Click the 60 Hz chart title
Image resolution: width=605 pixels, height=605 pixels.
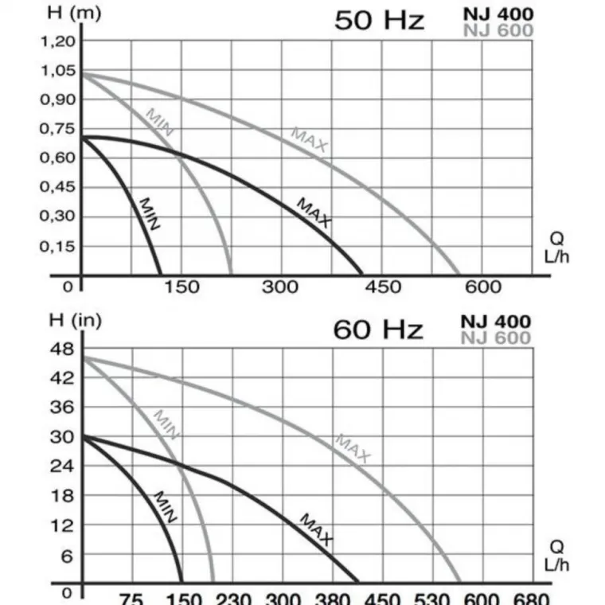(377, 329)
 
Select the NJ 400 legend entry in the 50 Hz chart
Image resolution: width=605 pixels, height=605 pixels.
(498, 14)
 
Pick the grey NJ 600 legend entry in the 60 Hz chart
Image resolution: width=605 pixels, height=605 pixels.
(495, 338)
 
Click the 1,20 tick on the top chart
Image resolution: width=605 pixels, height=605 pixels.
(57, 41)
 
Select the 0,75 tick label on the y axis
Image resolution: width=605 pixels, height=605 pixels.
(57, 129)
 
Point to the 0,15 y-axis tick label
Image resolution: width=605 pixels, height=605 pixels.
(57, 246)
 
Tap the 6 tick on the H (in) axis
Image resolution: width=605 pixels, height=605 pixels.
(68, 556)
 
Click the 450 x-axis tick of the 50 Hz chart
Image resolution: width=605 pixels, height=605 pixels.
(383, 287)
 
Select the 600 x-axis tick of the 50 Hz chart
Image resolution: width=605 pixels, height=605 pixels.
(483, 287)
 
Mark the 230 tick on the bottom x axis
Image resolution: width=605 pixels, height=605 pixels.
(233, 598)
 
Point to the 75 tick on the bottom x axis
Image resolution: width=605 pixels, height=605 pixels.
(131, 598)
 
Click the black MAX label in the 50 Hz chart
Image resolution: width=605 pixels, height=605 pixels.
(314, 213)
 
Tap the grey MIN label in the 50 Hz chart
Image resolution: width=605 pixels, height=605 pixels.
(159, 123)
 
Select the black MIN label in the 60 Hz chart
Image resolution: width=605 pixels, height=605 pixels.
(165, 506)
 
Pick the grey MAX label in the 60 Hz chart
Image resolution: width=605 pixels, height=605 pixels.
(353, 448)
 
